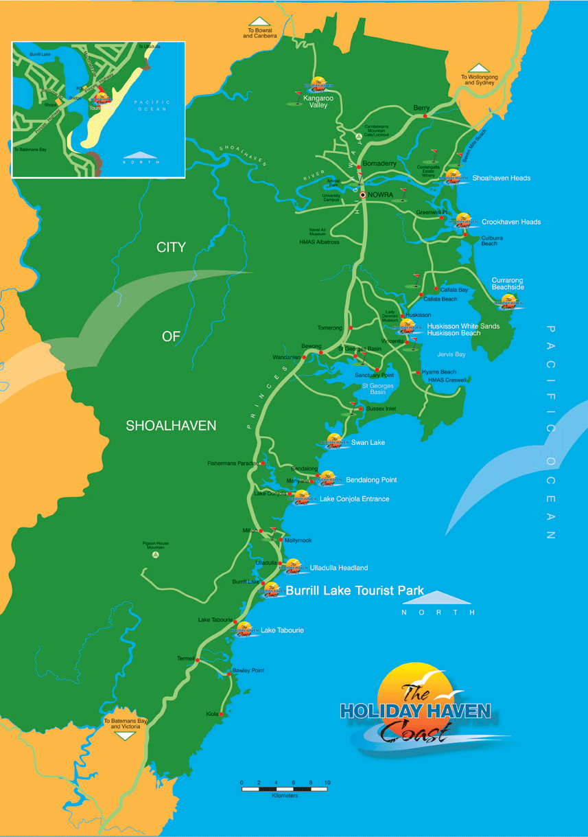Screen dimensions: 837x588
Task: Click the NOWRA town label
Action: (380, 195)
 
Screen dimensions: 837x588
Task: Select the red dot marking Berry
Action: (425, 116)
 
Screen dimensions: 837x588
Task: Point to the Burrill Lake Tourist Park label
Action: (354, 591)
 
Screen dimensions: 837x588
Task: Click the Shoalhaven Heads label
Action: (501, 178)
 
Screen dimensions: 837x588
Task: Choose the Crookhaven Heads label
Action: (511, 222)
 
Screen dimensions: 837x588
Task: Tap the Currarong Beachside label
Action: (508, 284)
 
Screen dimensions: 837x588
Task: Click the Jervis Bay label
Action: (451, 354)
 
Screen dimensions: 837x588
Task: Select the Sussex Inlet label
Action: (381, 409)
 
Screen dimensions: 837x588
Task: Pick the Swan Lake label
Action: (368, 443)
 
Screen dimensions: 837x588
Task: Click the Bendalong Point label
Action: (371, 480)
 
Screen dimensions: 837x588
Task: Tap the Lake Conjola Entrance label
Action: (354, 499)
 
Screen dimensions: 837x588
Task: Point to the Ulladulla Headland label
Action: (339, 568)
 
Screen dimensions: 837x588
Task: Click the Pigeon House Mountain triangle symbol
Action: (156, 554)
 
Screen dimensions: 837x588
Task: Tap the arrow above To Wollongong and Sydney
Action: (479, 67)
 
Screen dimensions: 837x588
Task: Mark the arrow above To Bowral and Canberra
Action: (260, 22)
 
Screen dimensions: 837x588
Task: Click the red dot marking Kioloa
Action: (221, 714)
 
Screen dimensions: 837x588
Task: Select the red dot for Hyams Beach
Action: (418, 372)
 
